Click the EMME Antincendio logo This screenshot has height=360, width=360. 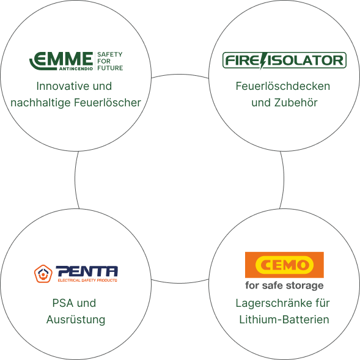click(76, 61)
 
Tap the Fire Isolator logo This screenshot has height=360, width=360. click(284, 61)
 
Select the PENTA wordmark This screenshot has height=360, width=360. click(87, 271)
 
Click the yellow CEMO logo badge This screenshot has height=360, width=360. click(284, 265)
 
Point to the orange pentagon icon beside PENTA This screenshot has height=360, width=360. click(43, 274)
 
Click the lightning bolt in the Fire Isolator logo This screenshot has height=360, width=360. click(263, 61)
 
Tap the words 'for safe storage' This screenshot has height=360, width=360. click(284, 285)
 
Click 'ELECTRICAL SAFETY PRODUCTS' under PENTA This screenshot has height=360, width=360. click(87, 280)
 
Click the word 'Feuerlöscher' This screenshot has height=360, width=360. click(108, 103)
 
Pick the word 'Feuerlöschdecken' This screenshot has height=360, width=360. click(283, 86)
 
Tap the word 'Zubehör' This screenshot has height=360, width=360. click(296, 103)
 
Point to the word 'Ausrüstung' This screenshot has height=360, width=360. click(76, 320)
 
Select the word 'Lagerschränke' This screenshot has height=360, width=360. click(273, 303)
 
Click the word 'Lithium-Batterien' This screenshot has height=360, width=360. click(284, 320)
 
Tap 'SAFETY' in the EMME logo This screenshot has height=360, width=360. click(110, 54)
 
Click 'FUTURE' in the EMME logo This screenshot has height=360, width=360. click(110, 68)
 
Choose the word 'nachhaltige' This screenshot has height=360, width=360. click(40, 103)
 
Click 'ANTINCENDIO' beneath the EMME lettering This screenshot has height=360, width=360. click(76, 68)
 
